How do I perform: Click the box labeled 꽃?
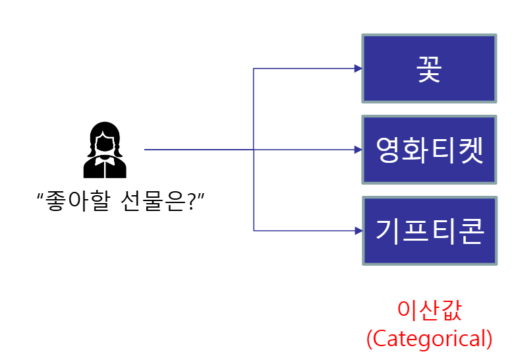pos(428,69)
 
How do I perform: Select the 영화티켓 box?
pos(428,150)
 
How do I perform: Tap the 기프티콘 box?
pos(428,231)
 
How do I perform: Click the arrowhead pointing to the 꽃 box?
pos(358,69)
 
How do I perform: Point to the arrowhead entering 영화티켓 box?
pos(358,150)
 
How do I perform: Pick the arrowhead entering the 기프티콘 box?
pos(358,231)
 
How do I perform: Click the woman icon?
pos(104,150)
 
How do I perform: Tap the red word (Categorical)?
pos(429,339)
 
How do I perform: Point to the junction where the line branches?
pos(254,150)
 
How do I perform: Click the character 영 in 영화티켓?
pos(388,150)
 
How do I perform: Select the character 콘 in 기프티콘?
pos(470,231)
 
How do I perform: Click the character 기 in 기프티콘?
pos(388,231)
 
